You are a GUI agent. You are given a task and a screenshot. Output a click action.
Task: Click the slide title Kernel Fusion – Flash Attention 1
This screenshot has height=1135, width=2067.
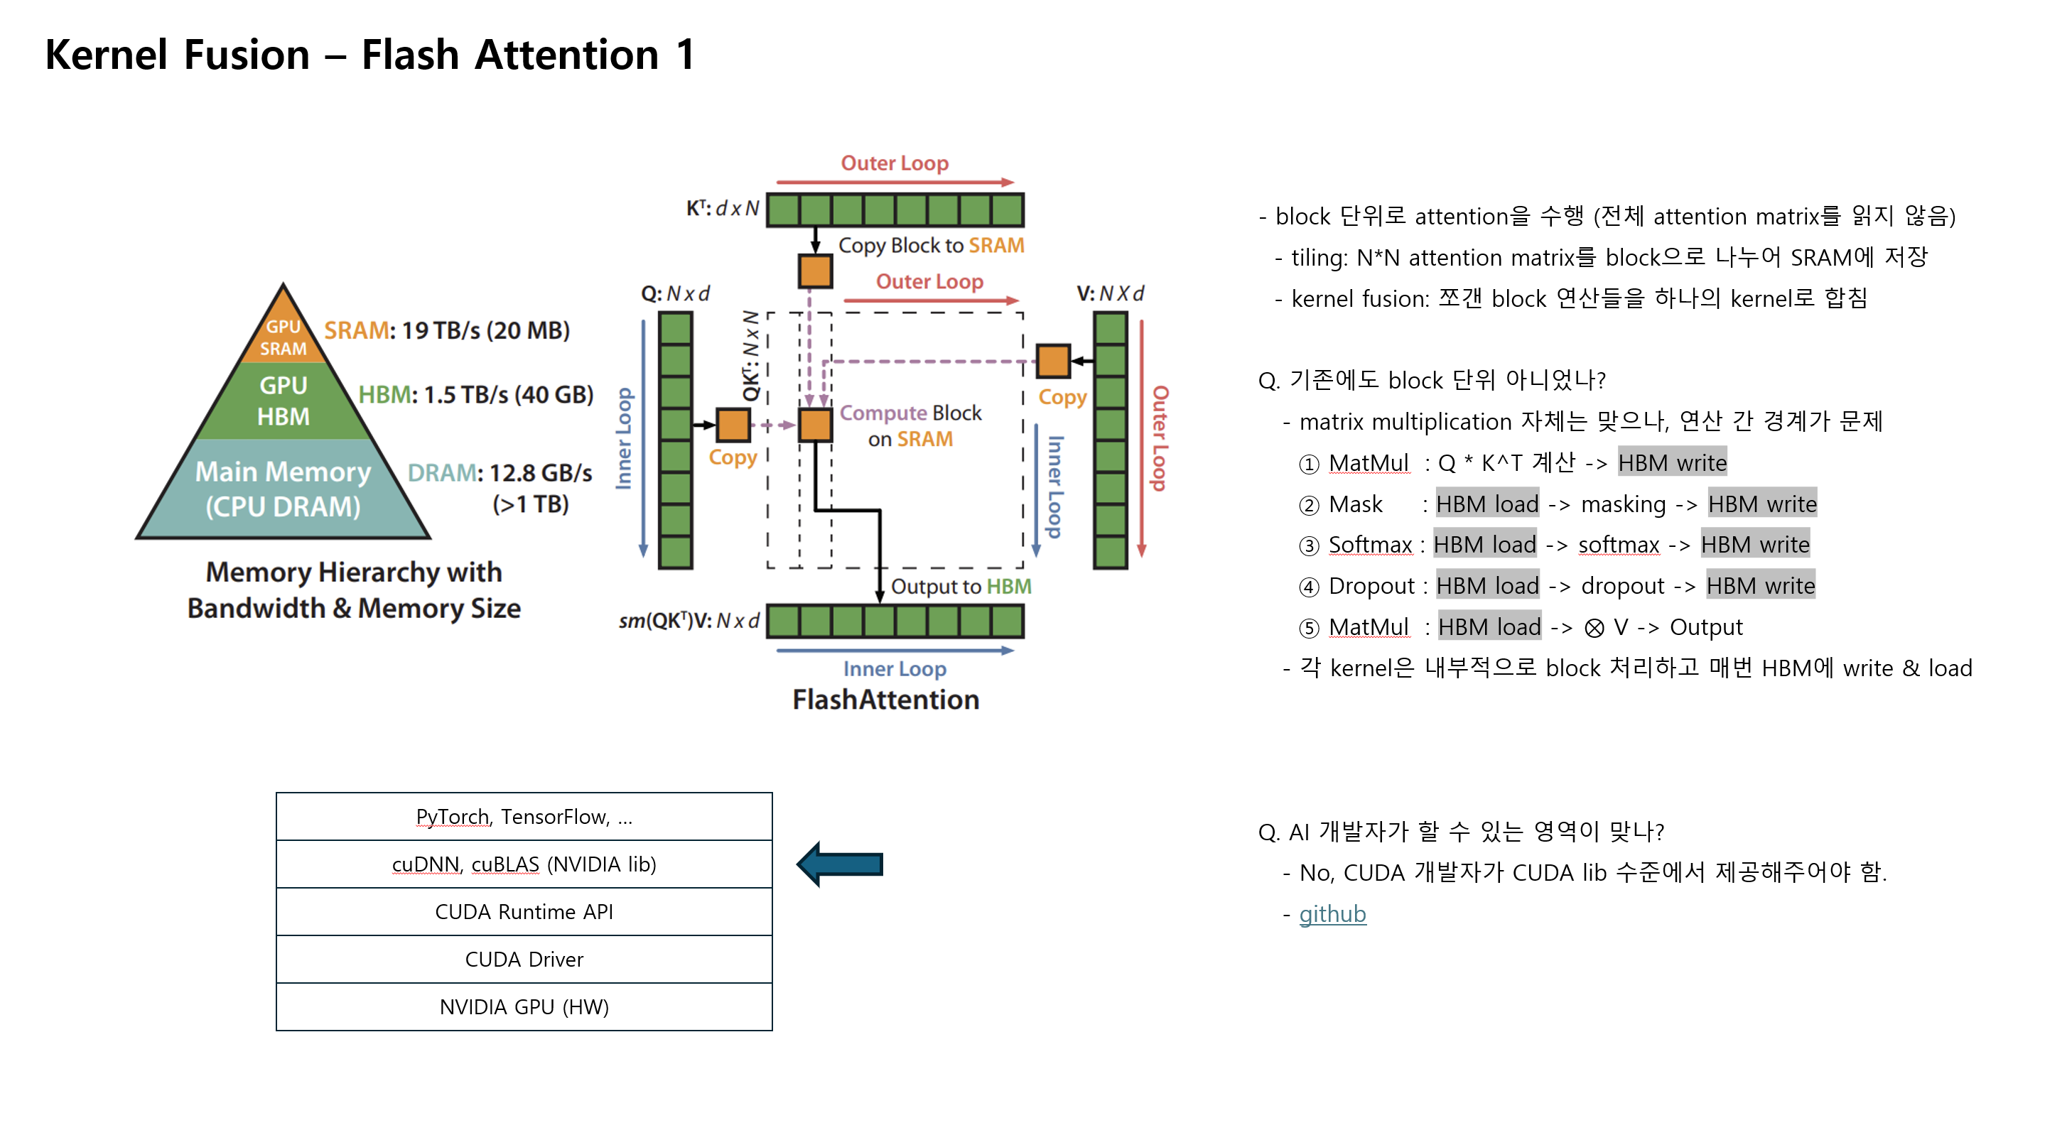pos(369,55)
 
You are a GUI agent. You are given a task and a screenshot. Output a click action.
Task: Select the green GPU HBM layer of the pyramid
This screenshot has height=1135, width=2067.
pos(284,401)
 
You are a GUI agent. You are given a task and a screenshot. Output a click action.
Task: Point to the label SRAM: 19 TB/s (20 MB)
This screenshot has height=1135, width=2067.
pos(446,330)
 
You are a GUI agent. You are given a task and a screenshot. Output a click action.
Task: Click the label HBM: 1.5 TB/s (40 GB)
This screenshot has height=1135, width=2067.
pos(475,395)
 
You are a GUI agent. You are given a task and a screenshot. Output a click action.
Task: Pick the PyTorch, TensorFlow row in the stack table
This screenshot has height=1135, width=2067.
pos(524,817)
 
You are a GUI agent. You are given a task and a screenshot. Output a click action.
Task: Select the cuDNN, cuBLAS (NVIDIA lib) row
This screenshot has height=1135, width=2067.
pos(524,864)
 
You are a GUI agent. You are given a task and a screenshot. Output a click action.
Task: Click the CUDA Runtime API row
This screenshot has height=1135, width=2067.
pos(524,911)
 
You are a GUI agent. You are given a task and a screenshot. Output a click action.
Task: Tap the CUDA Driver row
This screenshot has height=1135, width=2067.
pos(524,959)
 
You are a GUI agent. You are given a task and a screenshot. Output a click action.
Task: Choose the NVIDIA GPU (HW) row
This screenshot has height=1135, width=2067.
pos(524,1006)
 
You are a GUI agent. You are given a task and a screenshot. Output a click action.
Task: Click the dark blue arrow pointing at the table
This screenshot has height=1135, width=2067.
pos(840,864)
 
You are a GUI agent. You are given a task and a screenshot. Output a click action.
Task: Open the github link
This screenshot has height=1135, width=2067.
pos(1332,913)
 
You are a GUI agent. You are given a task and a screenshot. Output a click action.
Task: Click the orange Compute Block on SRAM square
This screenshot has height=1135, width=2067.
pos(815,424)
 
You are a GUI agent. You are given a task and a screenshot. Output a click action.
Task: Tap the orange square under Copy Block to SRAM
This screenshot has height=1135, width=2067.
pos(815,271)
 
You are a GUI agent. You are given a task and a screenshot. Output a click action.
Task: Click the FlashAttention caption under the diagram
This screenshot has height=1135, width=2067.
pos(886,700)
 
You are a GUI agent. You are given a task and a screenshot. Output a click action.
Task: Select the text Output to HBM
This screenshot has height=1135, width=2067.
pos(961,587)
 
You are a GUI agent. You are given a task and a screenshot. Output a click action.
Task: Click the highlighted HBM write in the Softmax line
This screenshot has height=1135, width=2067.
pos(1754,545)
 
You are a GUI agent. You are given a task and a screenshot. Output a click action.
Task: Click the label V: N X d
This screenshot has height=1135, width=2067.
pos(1110,293)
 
